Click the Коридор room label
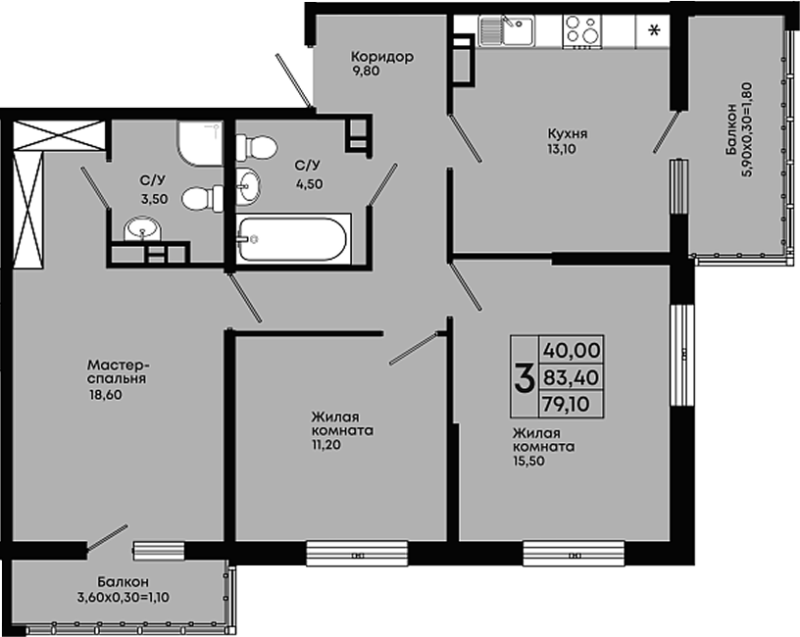pos(382,57)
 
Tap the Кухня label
pos(568,133)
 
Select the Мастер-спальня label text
pos(118,372)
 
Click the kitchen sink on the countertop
pos(506,30)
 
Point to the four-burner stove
pos(581,31)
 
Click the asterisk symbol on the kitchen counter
pos(654,31)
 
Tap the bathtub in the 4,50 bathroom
pos(293,239)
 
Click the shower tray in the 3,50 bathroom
pos(200,143)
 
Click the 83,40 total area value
pos(571,378)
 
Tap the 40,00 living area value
pos(572,351)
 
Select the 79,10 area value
pos(566,405)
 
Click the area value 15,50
pos(529,461)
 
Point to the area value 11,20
pos(326,445)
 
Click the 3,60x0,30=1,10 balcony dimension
pos(124,597)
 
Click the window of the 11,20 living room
pos(357,554)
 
